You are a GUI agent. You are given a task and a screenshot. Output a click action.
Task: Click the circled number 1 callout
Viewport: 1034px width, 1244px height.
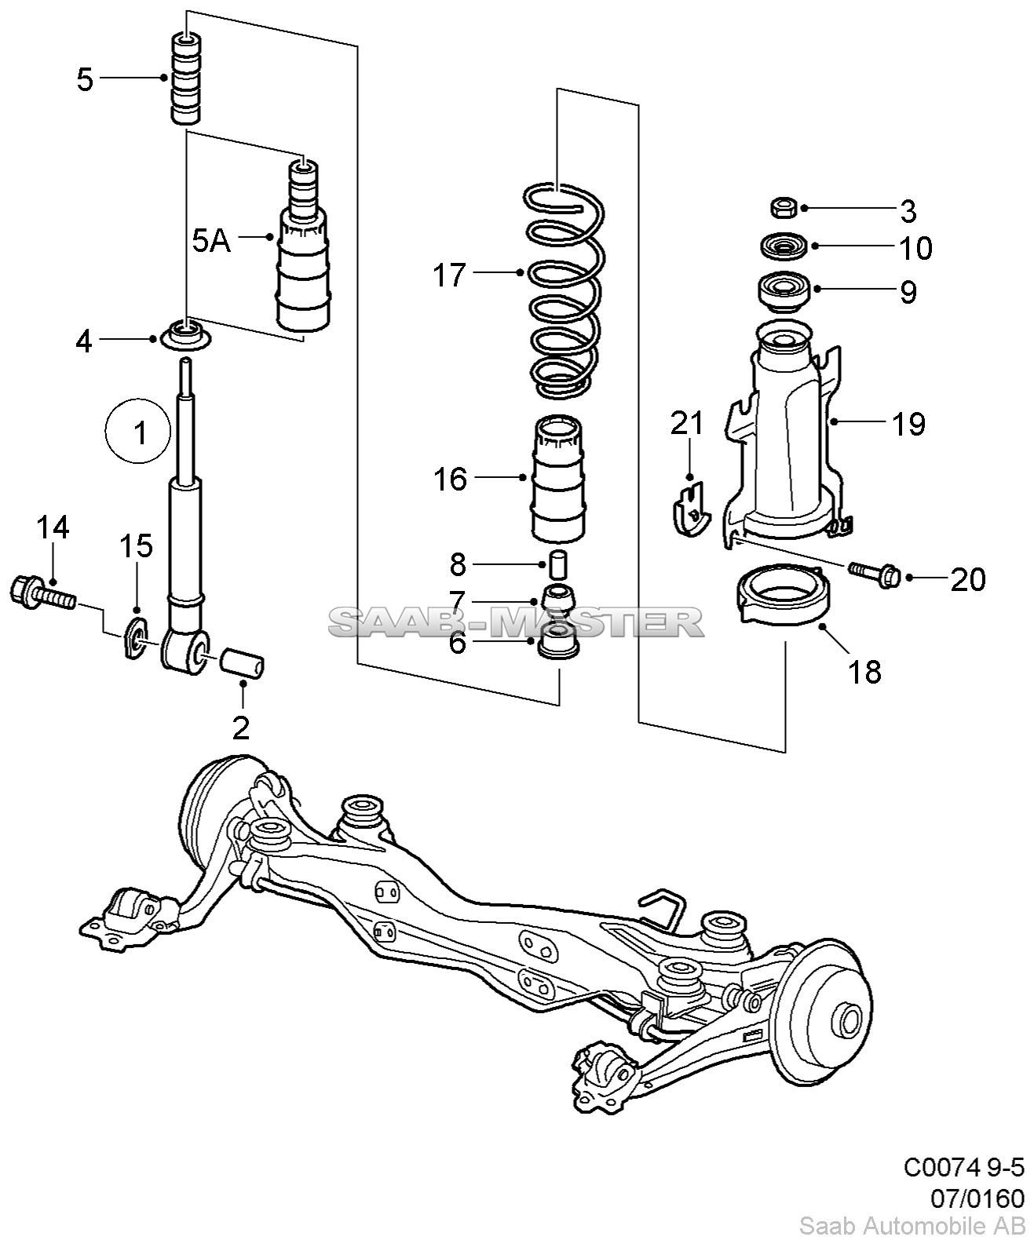click(x=137, y=430)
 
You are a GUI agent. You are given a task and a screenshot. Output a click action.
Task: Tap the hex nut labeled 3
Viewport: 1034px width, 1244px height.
click(x=784, y=208)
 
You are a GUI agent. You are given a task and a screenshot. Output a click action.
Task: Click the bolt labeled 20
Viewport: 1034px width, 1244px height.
click(x=875, y=575)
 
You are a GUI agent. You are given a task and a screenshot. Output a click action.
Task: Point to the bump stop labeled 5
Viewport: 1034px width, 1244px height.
click(x=186, y=79)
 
